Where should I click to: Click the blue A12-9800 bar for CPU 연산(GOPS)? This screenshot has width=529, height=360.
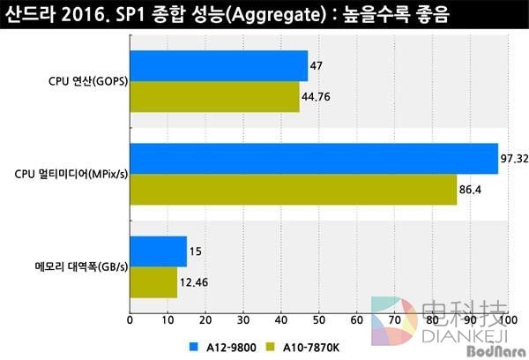click(219, 66)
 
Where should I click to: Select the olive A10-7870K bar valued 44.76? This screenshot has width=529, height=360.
click(214, 97)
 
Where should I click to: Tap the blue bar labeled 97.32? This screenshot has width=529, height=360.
click(314, 159)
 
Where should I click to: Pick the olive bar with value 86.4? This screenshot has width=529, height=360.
click(293, 189)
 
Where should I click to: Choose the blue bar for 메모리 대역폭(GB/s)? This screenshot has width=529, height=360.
click(159, 251)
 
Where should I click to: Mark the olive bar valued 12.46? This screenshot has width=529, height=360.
click(153, 281)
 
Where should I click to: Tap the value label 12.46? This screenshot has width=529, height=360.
click(195, 281)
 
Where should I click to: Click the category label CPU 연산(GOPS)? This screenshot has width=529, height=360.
click(86, 82)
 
